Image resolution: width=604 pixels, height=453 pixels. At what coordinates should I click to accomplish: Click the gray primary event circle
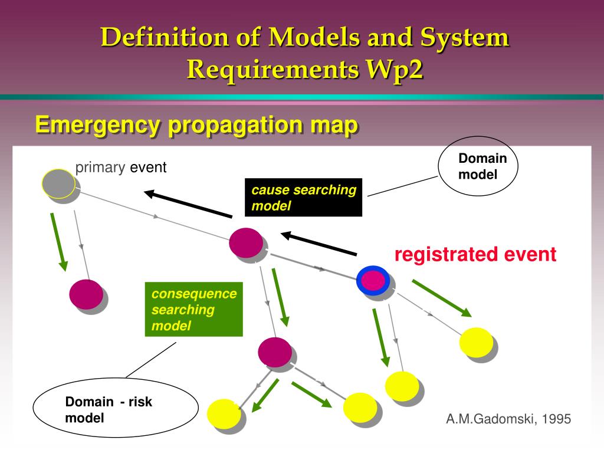coord(58,183)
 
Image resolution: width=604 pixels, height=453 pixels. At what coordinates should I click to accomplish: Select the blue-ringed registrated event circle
coord(373,280)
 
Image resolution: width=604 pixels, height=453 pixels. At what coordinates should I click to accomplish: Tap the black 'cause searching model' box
coord(303,198)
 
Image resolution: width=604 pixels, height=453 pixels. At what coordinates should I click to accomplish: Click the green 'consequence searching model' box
coord(193,310)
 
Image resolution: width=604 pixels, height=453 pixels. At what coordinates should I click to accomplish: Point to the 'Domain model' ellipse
coord(478,166)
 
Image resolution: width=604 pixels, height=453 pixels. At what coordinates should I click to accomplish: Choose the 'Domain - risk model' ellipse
coord(116,410)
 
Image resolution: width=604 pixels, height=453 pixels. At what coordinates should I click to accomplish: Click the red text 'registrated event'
coord(475,255)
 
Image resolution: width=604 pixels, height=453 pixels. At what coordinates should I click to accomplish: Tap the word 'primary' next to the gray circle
coord(100,168)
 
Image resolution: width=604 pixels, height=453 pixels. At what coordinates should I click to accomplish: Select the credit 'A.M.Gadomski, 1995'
coord(508,419)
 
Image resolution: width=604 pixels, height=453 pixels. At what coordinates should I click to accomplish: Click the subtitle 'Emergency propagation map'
coord(196,125)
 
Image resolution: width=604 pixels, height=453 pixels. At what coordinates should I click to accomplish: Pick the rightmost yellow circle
coord(476,342)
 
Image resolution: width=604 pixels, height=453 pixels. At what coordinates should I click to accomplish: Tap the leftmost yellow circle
coord(224,413)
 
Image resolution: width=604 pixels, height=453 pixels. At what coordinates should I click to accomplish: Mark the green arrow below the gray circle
coord(58,241)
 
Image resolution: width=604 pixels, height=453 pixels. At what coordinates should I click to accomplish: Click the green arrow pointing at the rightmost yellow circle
coord(441,298)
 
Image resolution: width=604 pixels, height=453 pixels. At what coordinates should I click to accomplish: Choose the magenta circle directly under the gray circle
coord(86,294)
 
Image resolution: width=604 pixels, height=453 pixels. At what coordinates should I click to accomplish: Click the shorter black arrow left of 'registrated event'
coord(319,244)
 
